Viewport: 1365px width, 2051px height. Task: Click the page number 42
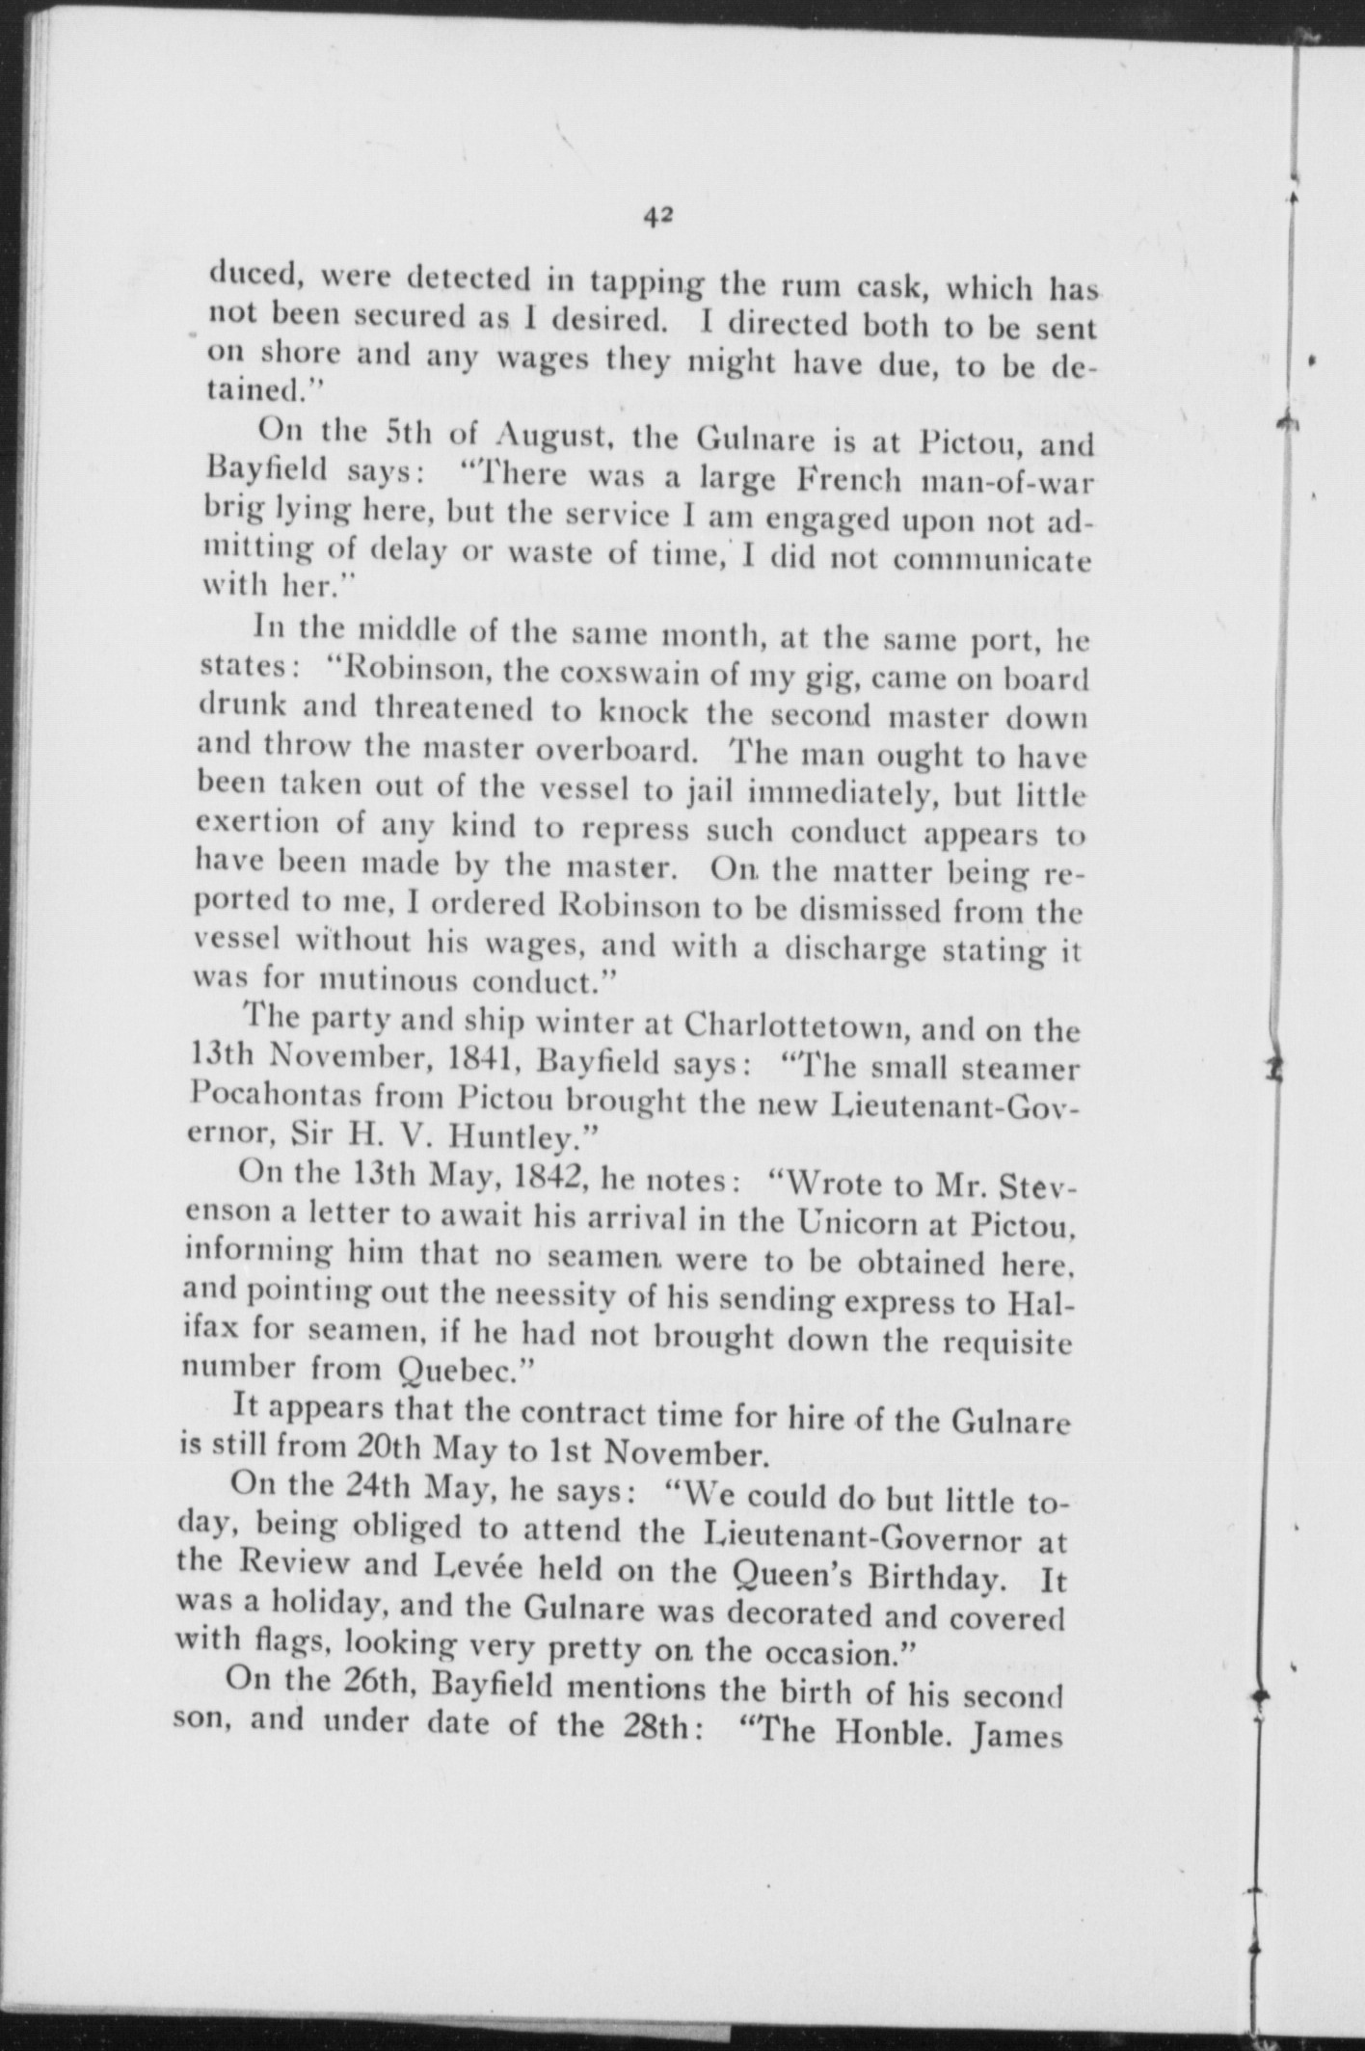pos(658,217)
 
